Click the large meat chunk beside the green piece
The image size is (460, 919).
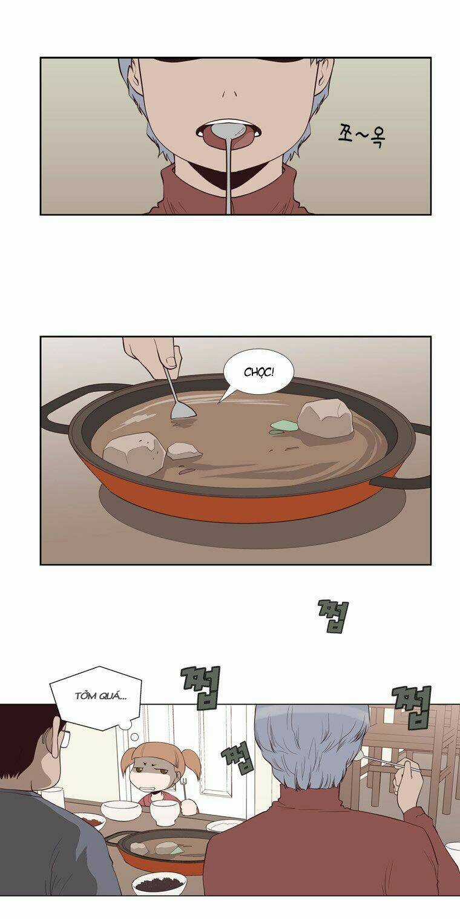click(x=326, y=420)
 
